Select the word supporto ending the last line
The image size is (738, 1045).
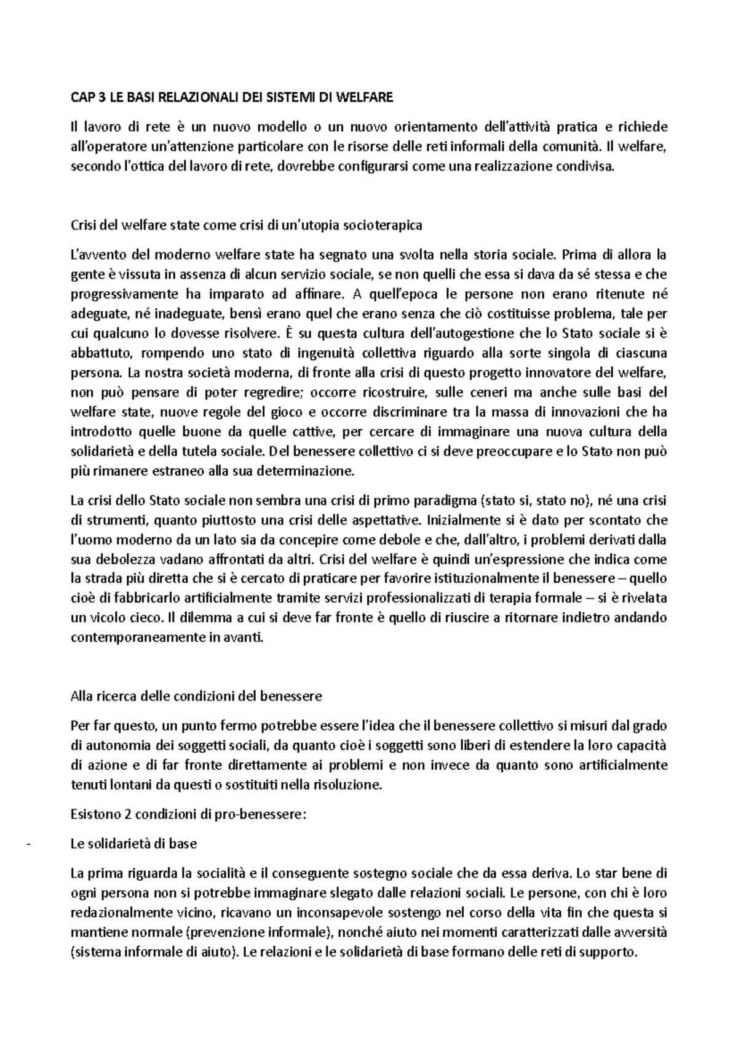pyautogui.click(x=609, y=952)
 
